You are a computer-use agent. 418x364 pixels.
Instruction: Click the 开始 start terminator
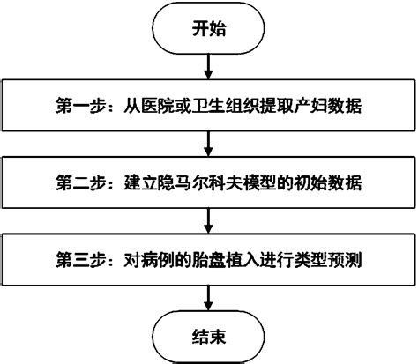(208, 28)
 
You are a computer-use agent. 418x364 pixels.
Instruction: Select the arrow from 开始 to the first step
(208, 65)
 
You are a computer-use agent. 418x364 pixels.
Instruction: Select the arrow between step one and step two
(208, 142)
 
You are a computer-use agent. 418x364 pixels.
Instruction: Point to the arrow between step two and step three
(208, 219)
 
